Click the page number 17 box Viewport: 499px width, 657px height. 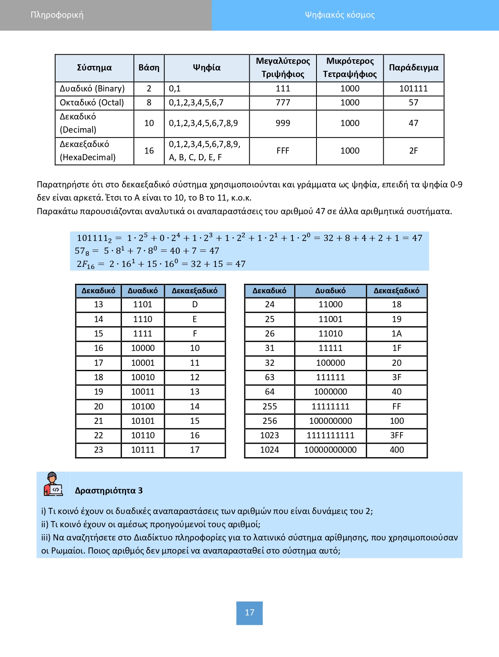click(249, 613)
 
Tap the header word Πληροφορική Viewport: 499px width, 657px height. click(57, 15)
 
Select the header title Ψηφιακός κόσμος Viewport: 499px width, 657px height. click(340, 15)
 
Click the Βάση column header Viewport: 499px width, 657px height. click(149, 68)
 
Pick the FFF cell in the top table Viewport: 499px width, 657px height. click(283, 151)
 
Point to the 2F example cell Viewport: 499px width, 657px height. click(413, 151)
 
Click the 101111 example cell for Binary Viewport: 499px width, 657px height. click(413, 89)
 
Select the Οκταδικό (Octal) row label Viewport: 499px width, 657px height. click(92, 103)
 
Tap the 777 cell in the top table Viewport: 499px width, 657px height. click(283, 103)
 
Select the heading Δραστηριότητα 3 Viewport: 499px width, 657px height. click(109, 491)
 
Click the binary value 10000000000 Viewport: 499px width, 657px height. click(330, 450)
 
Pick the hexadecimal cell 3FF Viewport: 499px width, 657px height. click(396, 435)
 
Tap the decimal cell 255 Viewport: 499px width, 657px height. click(269, 407)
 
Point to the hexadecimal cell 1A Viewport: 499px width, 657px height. click(396, 334)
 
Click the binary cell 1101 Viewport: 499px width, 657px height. click(143, 304)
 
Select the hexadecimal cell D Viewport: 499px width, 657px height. click(194, 304)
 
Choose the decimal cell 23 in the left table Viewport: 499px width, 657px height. click(98, 450)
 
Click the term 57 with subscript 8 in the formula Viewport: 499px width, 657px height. click(82, 251)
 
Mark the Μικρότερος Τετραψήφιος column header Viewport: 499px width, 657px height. click(349, 68)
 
